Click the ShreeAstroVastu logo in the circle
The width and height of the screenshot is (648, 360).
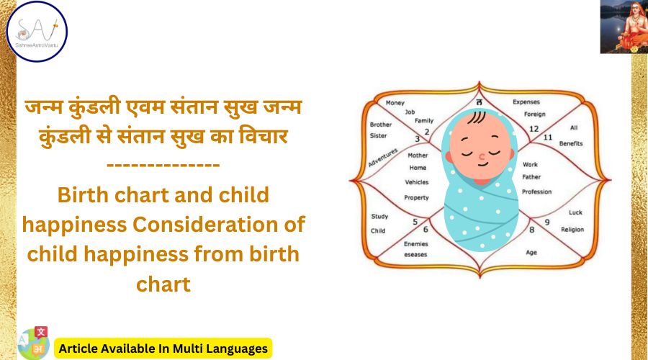(37, 31)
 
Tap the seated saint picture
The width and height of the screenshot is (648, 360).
(623, 27)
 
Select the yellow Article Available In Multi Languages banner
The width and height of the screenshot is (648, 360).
(163, 348)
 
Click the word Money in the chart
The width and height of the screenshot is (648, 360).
(395, 103)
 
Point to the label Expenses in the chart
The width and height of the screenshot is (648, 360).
(526, 102)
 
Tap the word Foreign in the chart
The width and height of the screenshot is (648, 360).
(534, 114)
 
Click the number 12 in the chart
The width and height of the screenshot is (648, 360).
(534, 129)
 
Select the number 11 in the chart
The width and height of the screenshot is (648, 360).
(548, 137)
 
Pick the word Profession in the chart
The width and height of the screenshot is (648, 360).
(536, 192)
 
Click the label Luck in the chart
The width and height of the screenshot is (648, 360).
(575, 212)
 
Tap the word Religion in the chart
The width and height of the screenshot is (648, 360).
(572, 230)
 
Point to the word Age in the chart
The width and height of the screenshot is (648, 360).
(531, 253)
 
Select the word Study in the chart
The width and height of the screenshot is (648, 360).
(379, 217)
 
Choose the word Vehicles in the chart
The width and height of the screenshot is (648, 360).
(417, 182)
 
